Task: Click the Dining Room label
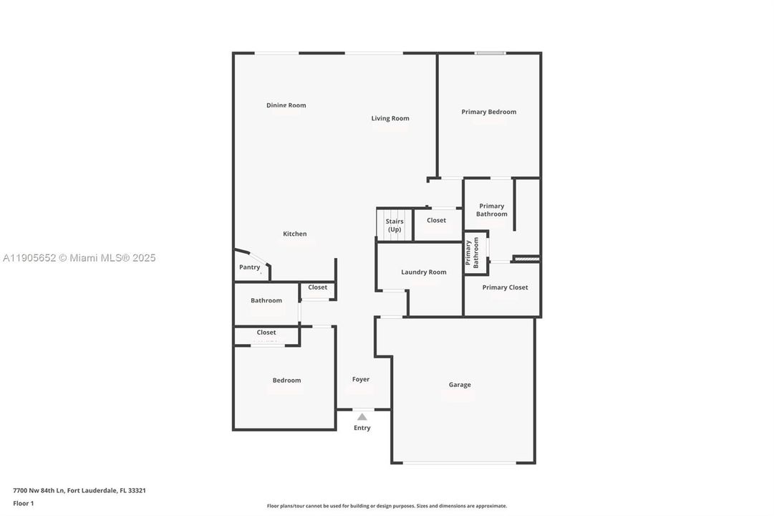(x=286, y=105)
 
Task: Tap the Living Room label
(x=390, y=118)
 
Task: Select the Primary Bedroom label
(x=488, y=112)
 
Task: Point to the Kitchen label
(x=295, y=234)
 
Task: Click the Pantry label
(x=249, y=267)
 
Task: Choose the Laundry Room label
(x=424, y=272)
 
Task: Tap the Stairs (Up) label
(x=395, y=226)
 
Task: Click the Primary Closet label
(x=505, y=287)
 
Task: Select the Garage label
(x=460, y=385)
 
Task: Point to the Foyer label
(x=361, y=379)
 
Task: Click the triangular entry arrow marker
(x=362, y=417)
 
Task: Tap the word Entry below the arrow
(x=362, y=428)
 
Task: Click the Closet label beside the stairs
(x=436, y=220)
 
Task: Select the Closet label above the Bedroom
(x=266, y=333)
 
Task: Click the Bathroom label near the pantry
(x=266, y=300)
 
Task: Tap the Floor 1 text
(x=24, y=503)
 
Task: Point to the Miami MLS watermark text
(x=79, y=258)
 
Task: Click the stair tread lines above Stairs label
(x=395, y=213)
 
